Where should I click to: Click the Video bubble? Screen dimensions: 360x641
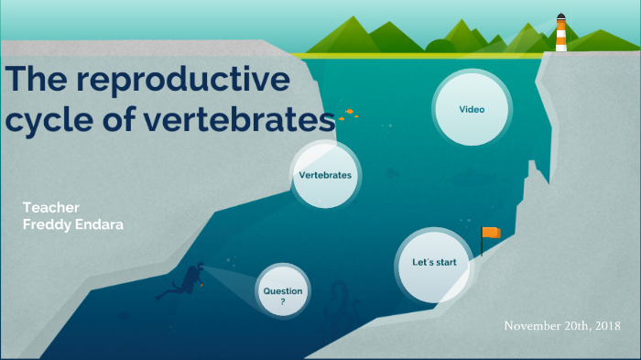[x=471, y=109]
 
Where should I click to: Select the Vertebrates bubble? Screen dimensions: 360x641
[x=325, y=174]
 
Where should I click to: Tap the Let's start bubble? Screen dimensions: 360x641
[x=433, y=264]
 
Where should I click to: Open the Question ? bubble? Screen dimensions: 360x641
[x=283, y=292]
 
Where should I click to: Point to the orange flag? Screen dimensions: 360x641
[x=492, y=233]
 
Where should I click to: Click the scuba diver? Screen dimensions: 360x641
[x=187, y=279]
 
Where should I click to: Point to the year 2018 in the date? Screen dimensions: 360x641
[x=605, y=326]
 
